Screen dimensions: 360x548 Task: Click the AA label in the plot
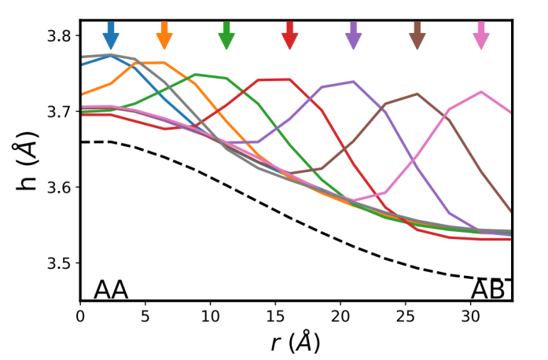point(111,289)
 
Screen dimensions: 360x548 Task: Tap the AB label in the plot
point(487,289)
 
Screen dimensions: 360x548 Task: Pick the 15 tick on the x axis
point(274,315)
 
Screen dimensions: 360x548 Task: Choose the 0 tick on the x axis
point(80,315)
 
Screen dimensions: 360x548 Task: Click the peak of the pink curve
point(481,92)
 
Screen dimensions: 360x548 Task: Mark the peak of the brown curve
point(417,94)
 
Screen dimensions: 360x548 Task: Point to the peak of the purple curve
point(353,81)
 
